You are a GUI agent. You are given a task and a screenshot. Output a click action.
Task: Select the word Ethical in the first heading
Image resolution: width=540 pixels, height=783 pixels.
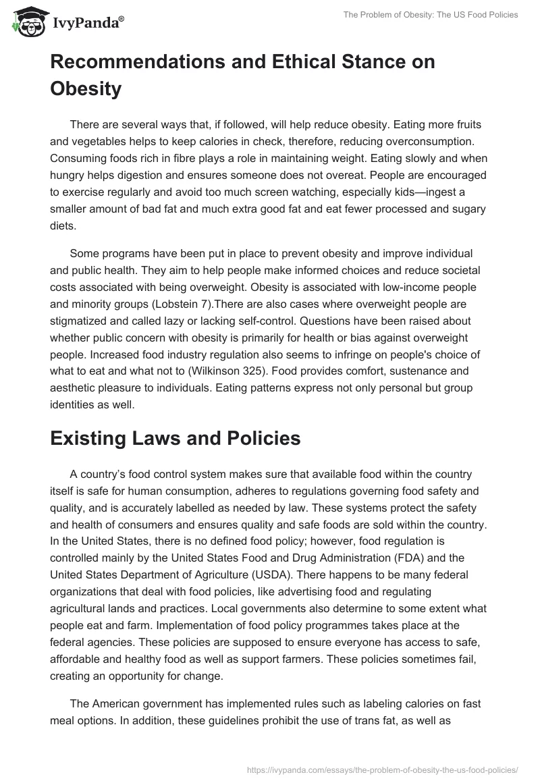click(x=300, y=61)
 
